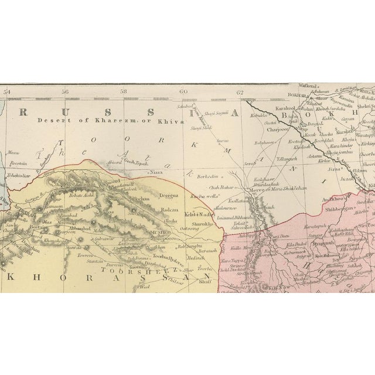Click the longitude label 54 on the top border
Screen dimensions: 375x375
[6, 91]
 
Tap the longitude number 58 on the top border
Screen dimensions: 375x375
[124, 91]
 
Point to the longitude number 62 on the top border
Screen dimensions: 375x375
[240, 91]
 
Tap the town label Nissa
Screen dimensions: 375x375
[155, 173]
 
